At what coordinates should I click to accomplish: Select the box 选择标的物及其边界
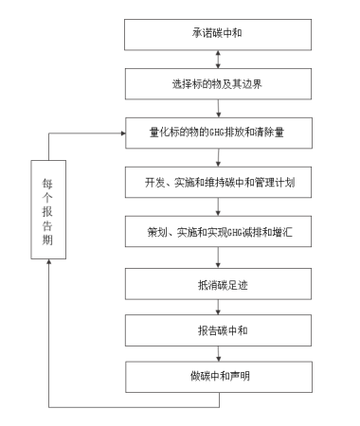[219, 83]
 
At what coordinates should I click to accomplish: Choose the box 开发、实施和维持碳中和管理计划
[219, 181]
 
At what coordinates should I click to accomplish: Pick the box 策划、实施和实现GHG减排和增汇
[219, 230]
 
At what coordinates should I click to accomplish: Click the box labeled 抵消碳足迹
[219, 281]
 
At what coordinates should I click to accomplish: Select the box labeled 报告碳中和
[219, 329]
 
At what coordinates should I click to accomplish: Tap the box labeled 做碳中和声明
[219, 377]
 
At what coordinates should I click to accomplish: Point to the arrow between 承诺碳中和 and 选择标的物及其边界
[219, 59]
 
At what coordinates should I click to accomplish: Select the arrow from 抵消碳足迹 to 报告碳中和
[219, 305]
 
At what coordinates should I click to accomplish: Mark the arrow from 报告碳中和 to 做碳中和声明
[219, 353]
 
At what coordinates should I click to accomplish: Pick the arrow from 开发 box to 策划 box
[219, 205]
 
